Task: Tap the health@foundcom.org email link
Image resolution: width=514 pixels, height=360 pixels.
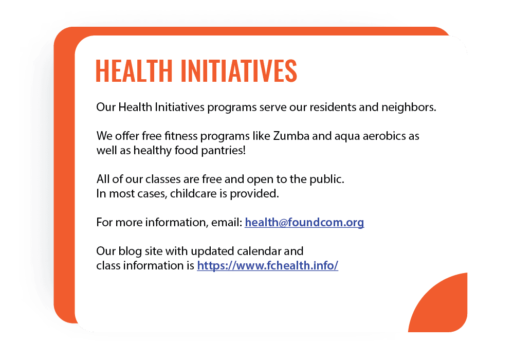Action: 304,223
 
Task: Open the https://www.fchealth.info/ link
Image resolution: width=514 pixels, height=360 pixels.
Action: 267,266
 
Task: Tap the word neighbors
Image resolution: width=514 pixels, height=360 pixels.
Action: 409,108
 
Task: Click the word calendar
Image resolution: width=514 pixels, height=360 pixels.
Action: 258,251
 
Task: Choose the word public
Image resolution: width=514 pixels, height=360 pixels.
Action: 327,180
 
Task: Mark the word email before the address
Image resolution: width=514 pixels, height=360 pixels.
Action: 226,223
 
